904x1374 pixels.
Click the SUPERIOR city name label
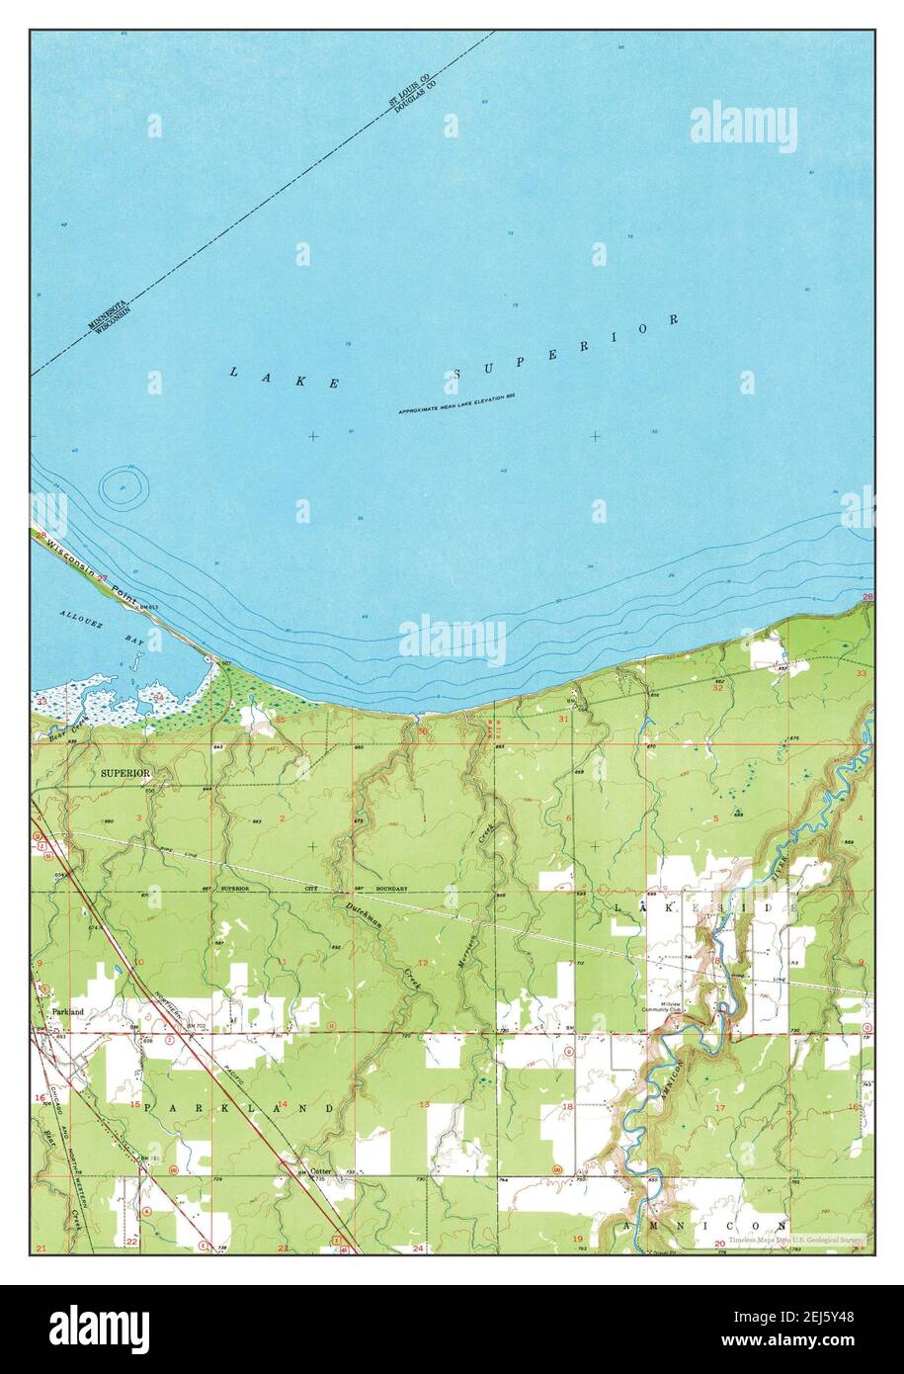124,773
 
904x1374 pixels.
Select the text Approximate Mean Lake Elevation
457,403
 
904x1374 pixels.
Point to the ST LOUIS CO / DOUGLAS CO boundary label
411,92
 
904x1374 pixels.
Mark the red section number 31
563,720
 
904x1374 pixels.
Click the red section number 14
283,1104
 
